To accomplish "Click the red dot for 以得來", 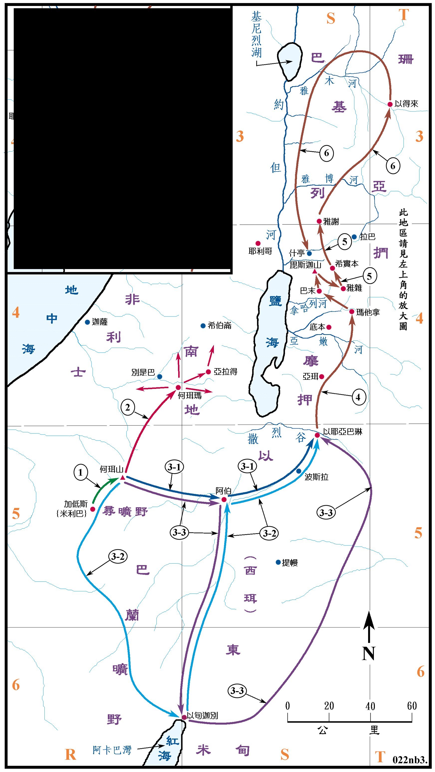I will click(x=390, y=104).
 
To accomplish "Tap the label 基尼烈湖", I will click(x=257, y=34).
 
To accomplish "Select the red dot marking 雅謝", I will click(x=319, y=221).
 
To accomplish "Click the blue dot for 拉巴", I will click(x=354, y=237).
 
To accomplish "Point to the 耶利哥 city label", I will click(x=260, y=251).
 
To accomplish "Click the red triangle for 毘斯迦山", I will click(x=314, y=272).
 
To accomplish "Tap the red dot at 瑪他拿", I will click(x=352, y=312).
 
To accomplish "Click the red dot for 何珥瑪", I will click(x=178, y=388).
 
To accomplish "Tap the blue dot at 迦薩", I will click(x=87, y=322).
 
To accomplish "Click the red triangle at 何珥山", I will click(x=122, y=478).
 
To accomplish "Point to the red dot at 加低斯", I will click(x=93, y=509).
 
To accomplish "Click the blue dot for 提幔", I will click(x=278, y=562).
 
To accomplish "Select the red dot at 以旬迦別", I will click(x=184, y=717).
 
